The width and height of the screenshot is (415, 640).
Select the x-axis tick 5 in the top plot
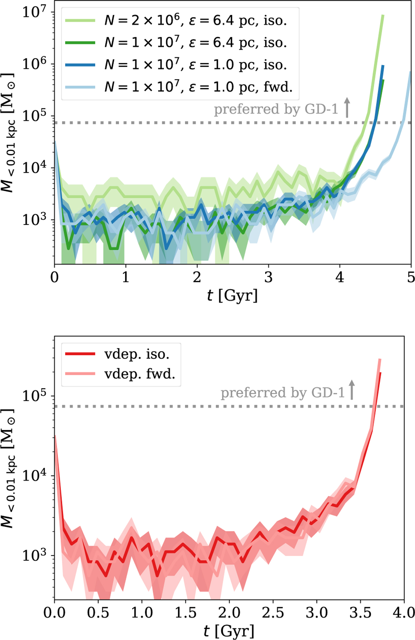(x=411, y=277)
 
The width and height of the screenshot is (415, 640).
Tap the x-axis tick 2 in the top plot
(x=197, y=277)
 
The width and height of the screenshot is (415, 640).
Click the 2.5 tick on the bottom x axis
(x=273, y=612)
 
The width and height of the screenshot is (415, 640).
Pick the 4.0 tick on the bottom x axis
(x=404, y=612)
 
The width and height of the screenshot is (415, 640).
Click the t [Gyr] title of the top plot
(x=232, y=296)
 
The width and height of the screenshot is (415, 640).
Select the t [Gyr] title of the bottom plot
(x=229, y=631)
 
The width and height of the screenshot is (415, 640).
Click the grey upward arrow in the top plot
(x=347, y=107)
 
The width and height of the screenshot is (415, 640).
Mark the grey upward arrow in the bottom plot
(x=352, y=389)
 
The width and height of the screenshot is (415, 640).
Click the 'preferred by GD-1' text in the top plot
(x=276, y=109)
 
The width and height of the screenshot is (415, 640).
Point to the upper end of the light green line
(x=382, y=16)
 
